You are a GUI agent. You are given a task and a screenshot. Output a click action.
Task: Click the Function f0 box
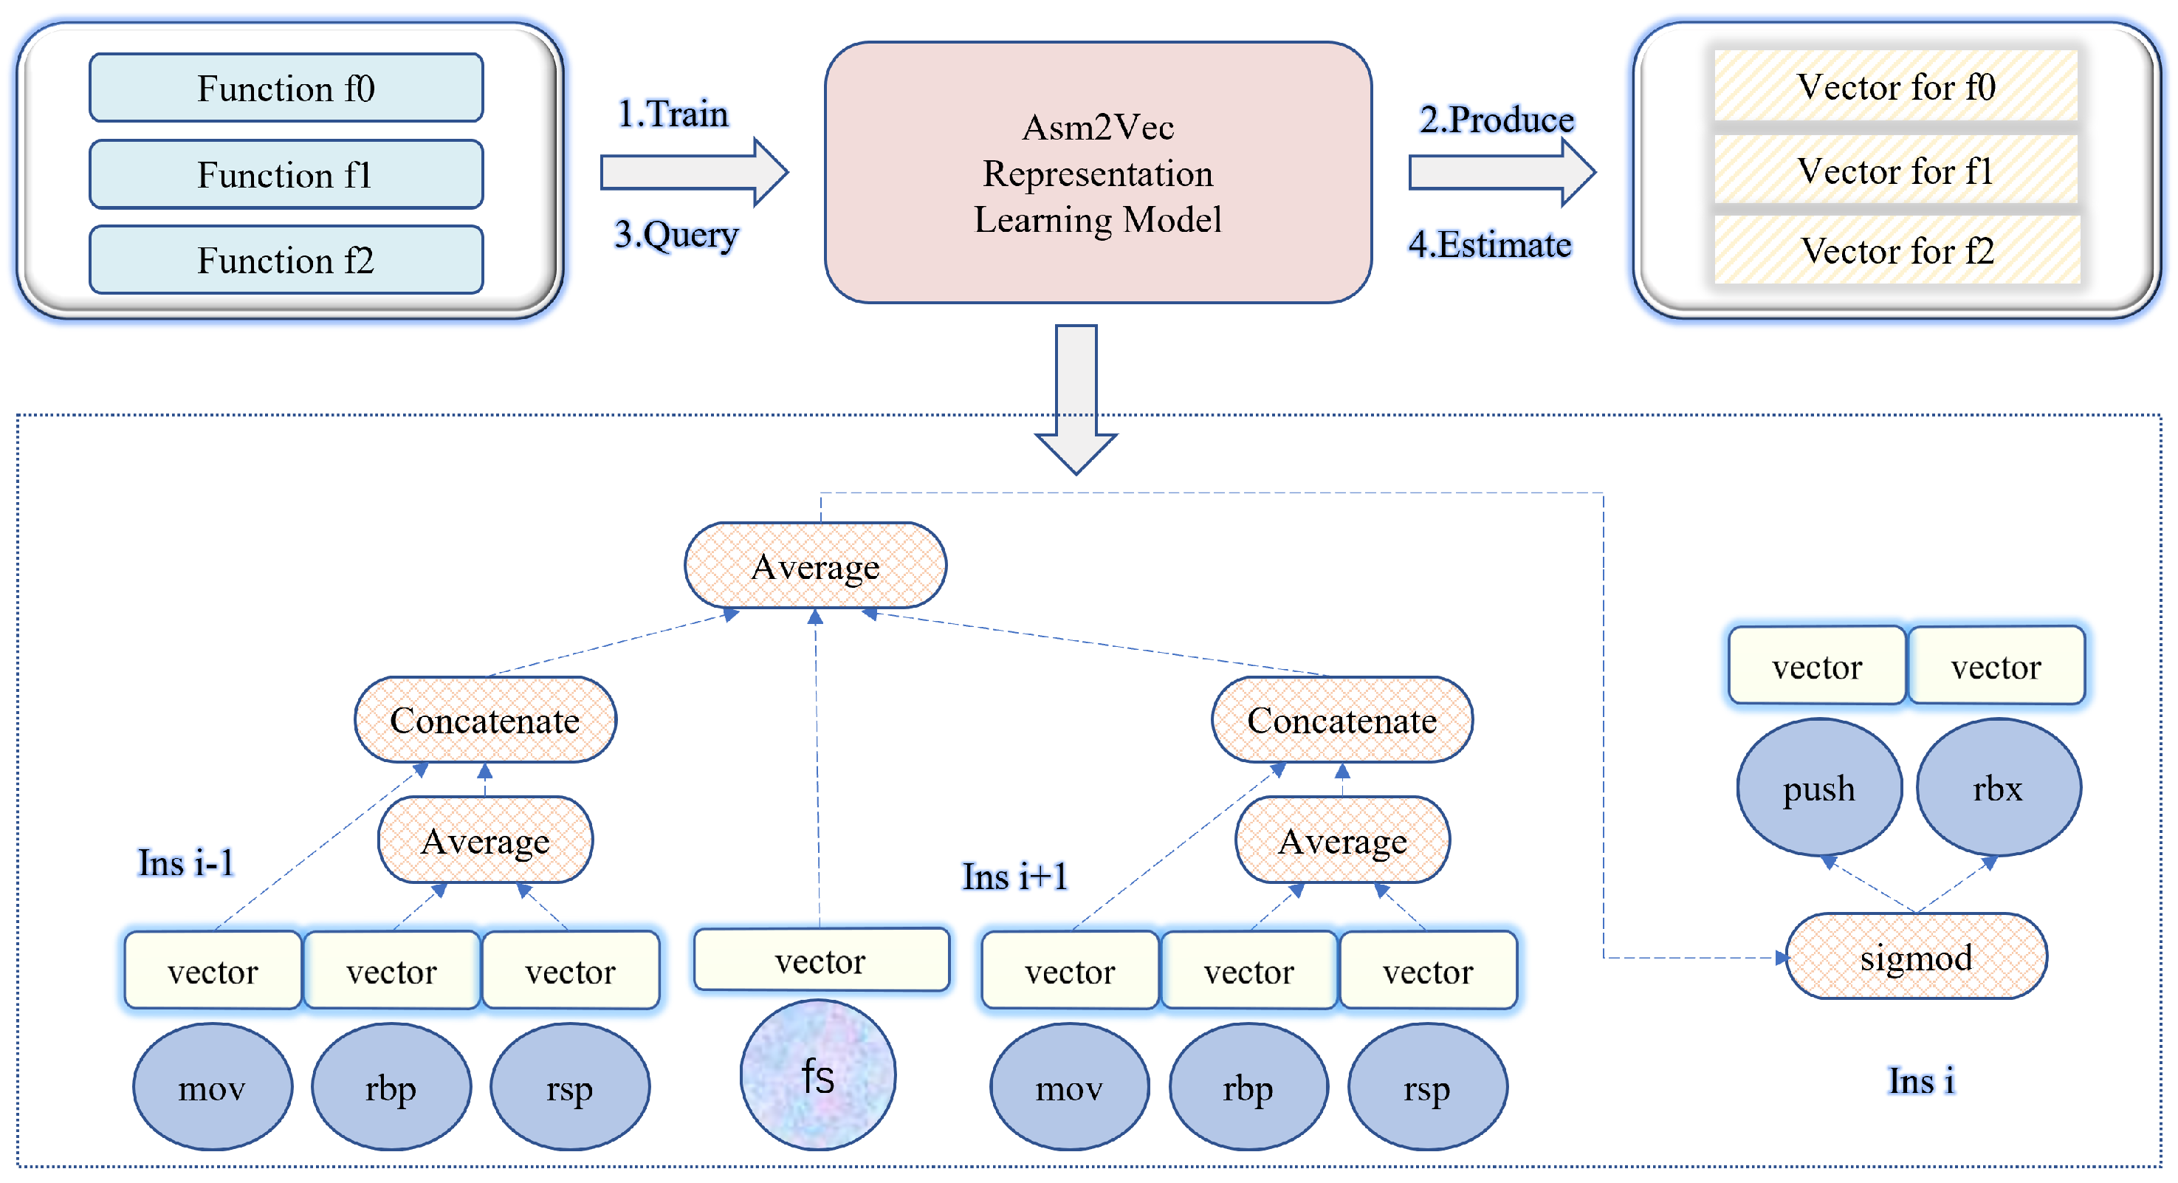pos(286,88)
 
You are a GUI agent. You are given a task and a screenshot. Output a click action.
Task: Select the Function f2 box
pos(286,260)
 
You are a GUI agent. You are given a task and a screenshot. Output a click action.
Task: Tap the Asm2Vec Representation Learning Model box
pos(1097,173)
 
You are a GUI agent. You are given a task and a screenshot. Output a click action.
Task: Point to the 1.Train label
pos(673,113)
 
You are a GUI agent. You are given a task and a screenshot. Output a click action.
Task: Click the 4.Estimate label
pos(1490,244)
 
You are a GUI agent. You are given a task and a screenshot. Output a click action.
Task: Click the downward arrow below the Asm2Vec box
pos(1076,397)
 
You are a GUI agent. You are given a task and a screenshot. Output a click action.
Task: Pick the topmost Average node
pos(815,566)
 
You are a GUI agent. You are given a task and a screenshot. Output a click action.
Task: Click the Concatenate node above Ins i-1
pos(485,719)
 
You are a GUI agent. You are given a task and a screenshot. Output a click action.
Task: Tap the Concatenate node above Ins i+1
pos(1342,719)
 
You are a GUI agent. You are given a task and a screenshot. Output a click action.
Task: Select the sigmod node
pos(1916,956)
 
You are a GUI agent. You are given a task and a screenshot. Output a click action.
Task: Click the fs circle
pos(817,1074)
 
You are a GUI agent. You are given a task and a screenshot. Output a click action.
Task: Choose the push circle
pos(1818,787)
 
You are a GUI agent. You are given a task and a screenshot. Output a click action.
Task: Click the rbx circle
pos(1998,787)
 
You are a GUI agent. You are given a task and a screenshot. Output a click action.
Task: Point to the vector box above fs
pos(821,960)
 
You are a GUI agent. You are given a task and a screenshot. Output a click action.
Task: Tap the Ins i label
pos(1921,1080)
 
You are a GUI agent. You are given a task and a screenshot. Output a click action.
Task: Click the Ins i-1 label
pos(186,863)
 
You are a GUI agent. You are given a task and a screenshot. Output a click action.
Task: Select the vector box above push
pos(1817,666)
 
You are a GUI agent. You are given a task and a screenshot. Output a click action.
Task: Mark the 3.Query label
pos(676,234)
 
